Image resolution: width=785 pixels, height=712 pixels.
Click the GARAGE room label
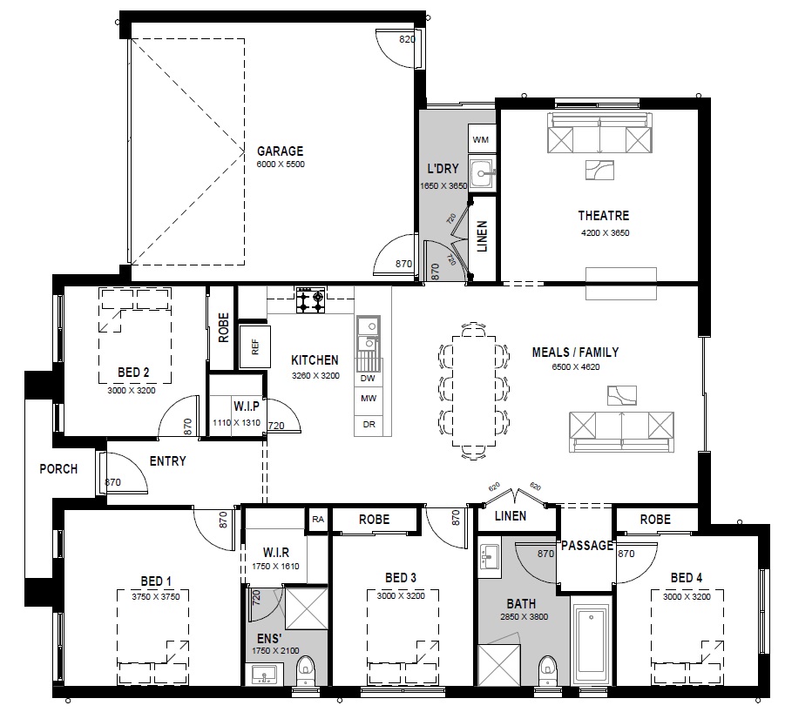(280, 151)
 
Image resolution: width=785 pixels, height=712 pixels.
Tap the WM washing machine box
(481, 139)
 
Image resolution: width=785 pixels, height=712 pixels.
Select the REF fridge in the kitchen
(254, 346)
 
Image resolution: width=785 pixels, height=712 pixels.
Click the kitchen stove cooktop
(310, 299)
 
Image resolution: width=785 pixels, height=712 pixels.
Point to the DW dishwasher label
(368, 379)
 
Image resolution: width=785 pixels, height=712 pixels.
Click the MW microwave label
(369, 399)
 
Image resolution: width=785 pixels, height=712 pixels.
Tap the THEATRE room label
(603, 216)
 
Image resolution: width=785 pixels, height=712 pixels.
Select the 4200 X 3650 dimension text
(605, 233)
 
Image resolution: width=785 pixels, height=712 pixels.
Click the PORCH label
(58, 469)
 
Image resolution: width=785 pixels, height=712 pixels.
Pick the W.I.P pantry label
(247, 406)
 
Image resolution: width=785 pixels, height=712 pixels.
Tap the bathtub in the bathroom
(591, 640)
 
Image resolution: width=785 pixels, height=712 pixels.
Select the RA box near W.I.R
(318, 520)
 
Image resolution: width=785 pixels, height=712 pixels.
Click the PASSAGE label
(587, 545)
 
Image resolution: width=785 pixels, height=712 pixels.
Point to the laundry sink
(482, 173)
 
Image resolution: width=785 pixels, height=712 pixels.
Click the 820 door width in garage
(407, 39)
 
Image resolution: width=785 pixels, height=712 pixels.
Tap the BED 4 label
(687, 578)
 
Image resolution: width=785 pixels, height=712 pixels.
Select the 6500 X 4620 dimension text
(576, 367)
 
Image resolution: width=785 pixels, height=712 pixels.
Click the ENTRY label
(167, 461)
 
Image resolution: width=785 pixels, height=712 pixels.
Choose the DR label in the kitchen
(369, 425)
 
